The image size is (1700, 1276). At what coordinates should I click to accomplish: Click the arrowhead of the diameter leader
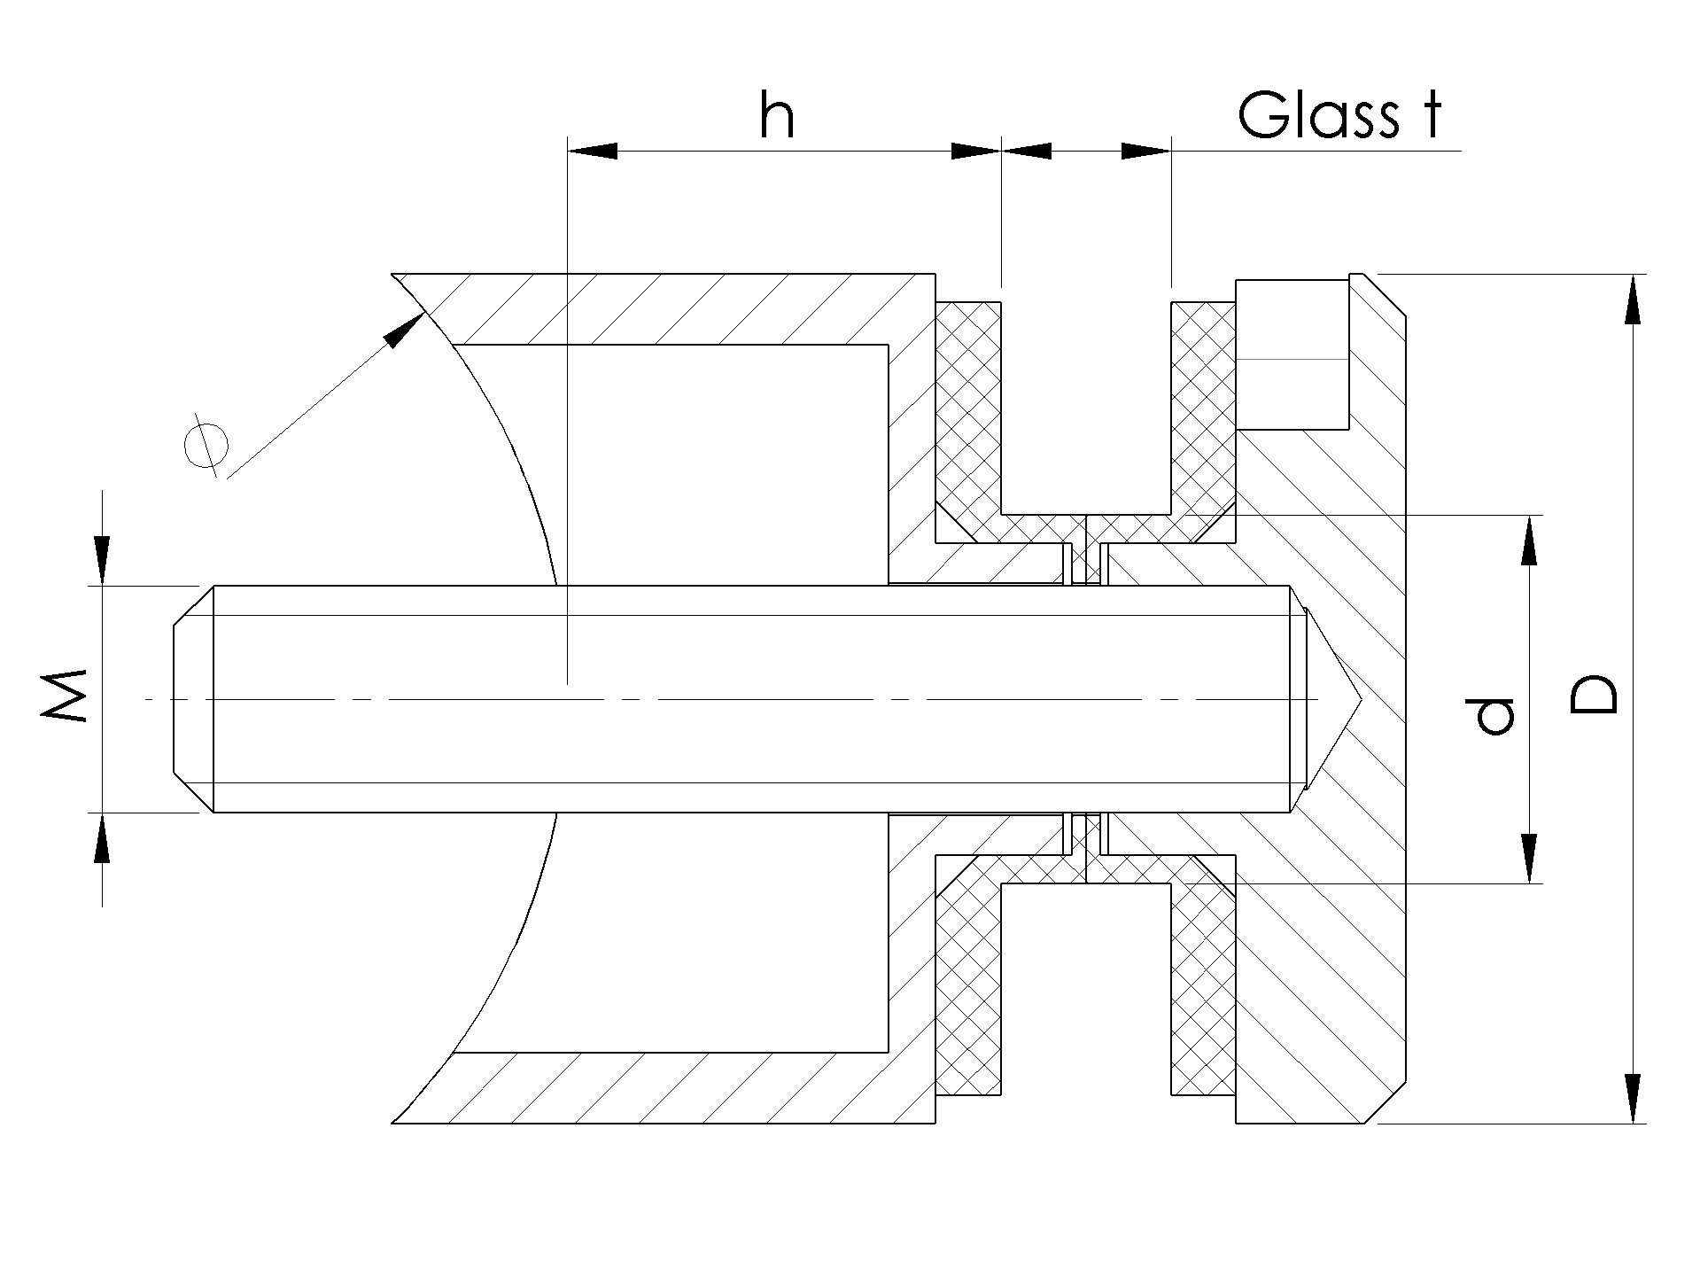coord(403,329)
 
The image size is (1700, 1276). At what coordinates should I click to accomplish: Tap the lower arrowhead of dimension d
coord(1529,859)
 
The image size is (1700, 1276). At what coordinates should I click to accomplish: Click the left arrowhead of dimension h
coord(592,151)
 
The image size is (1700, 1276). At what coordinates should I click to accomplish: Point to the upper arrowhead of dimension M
coord(103,560)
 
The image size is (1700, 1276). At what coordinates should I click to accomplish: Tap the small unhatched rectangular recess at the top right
coord(1292,354)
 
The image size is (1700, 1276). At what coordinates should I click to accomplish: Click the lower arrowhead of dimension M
coord(103,838)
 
